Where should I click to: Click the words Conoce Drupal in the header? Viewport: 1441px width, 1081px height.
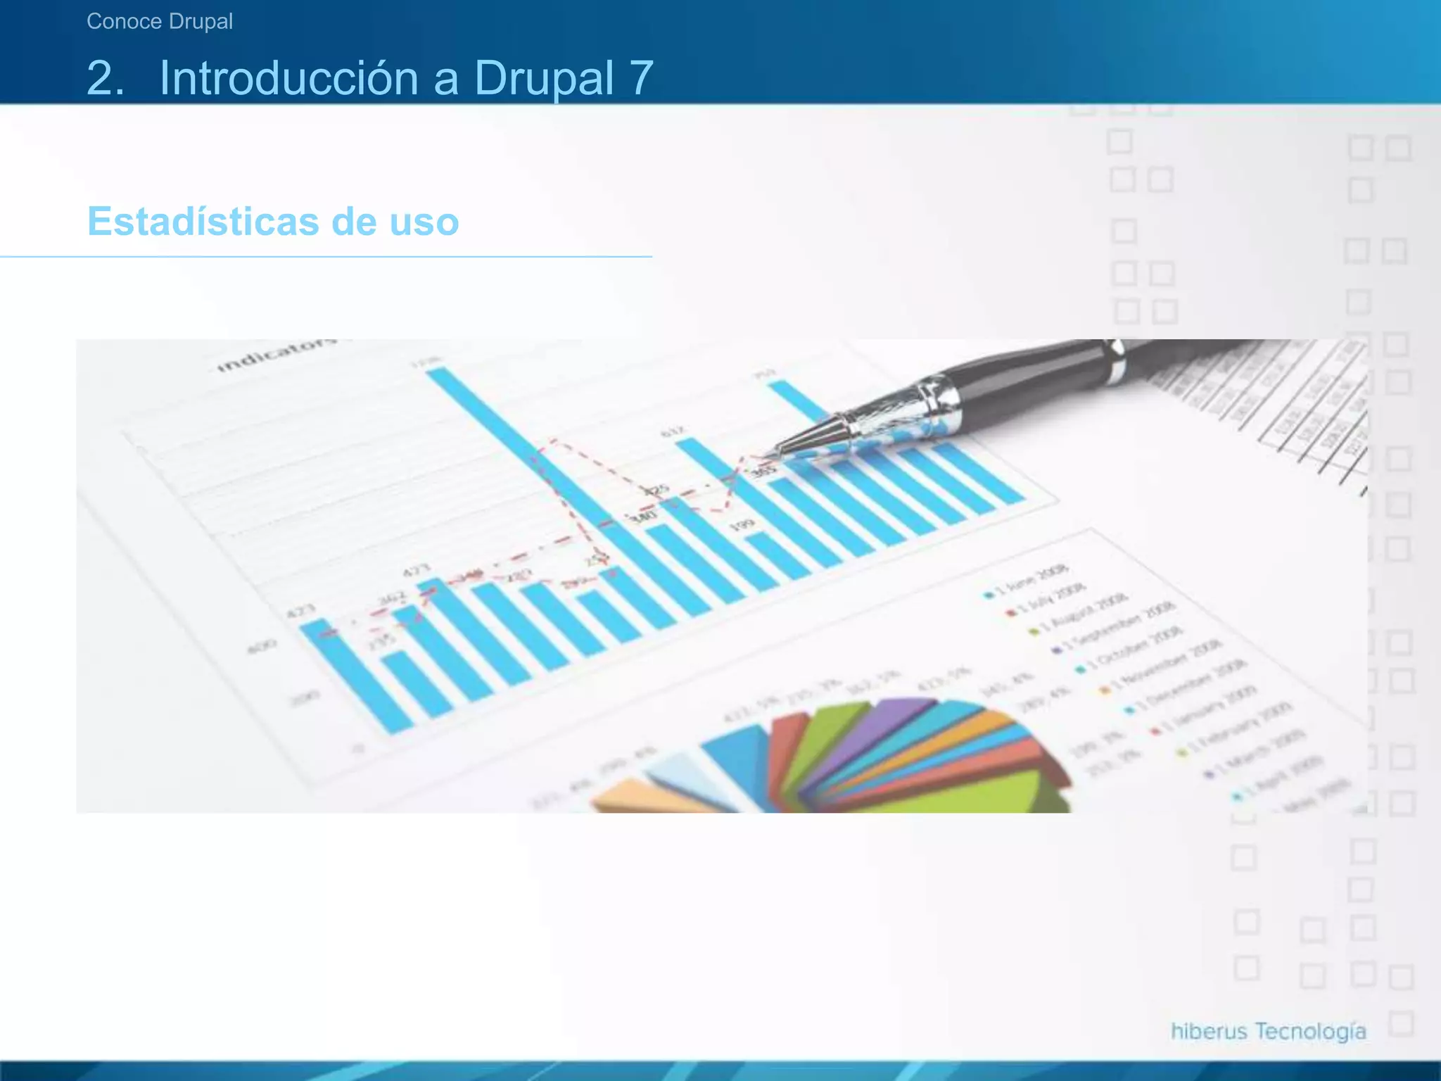(x=160, y=22)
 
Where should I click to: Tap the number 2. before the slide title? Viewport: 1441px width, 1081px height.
(x=106, y=77)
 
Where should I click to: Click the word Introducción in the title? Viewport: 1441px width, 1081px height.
(x=288, y=77)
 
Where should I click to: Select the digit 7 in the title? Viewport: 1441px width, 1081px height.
(x=641, y=77)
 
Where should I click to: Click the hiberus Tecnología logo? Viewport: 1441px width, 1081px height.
(x=1268, y=1031)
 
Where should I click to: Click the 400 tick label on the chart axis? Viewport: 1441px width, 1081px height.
(x=262, y=645)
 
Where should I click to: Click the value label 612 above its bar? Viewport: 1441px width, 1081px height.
(x=672, y=431)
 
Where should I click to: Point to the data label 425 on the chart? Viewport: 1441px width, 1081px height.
(x=658, y=489)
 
